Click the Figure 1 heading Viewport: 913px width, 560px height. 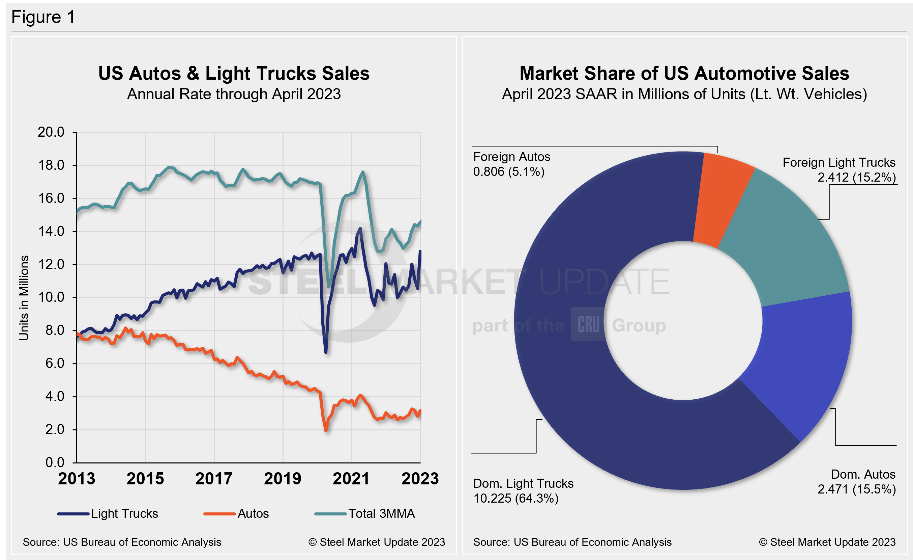click(x=43, y=17)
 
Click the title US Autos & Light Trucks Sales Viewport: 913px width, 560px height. click(x=234, y=74)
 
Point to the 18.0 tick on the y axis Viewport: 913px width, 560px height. click(x=51, y=165)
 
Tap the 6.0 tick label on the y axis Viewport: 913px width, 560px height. click(x=55, y=364)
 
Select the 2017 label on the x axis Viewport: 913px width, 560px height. click(x=214, y=479)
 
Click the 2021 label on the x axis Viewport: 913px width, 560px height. click(x=351, y=479)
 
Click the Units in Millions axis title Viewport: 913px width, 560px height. click(x=24, y=298)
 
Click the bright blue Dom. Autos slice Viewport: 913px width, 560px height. click(x=804, y=364)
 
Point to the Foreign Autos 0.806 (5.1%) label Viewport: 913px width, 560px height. click(x=511, y=164)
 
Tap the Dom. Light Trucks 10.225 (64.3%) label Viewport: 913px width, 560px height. click(x=523, y=491)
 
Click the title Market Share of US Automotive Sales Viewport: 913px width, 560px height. click(x=684, y=74)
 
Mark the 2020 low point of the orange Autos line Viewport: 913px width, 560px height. click(x=326, y=430)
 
